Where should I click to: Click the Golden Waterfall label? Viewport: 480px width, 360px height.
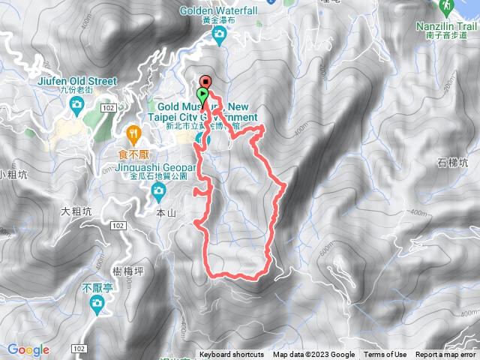pyautogui.click(x=220, y=10)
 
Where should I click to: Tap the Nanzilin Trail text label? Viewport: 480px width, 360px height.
pyautogui.click(x=447, y=25)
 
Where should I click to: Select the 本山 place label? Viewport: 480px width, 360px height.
pyautogui.click(x=165, y=214)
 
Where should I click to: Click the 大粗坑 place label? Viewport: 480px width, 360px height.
pyautogui.click(x=75, y=212)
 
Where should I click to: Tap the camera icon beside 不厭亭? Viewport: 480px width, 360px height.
pyautogui.click(x=97, y=303)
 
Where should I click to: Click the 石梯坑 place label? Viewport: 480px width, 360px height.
pyautogui.click(x=452, y=162)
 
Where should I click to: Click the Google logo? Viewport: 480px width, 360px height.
pyautogui.click(x=28, y=349)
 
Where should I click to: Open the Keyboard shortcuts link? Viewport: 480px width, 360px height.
pyautogui.click(x=232, y=355)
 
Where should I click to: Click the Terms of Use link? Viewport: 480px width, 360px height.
pyautogui.click(x=385, y=355)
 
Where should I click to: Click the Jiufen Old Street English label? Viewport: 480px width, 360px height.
pyautogui.click(x=75, y=81)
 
